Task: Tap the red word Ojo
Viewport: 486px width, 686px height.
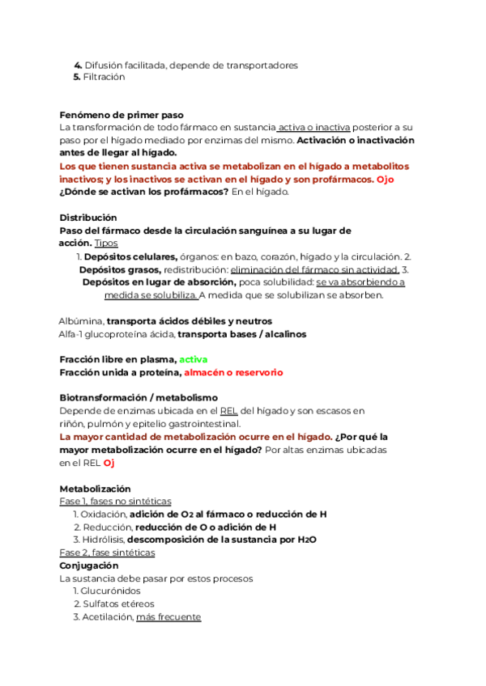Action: pos(386,179)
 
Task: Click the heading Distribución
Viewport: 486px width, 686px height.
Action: pos(88,218)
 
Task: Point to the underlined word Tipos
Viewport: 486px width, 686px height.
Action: pos(106,243)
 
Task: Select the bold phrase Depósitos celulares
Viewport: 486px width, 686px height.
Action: pos(131,256)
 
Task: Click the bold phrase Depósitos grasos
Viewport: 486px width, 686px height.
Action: pos(120,269)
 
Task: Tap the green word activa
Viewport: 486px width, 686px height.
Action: pos(194,359)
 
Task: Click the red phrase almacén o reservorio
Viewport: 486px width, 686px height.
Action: pos(233,372)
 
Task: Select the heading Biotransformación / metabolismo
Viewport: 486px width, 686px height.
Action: pos(139,398)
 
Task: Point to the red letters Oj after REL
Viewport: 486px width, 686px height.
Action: pos(109,463)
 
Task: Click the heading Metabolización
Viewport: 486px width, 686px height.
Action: pos(95,489)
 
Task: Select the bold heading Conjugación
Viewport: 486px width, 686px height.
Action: pos(90,565)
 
